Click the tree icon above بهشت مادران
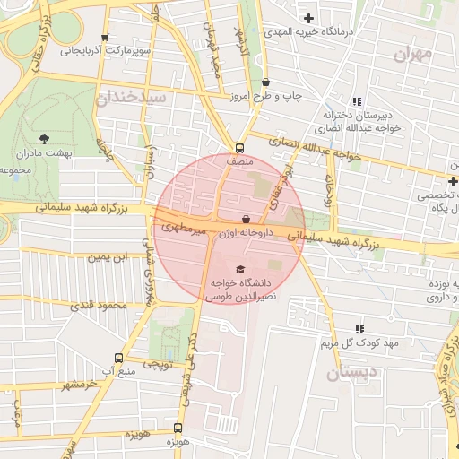(45, 138)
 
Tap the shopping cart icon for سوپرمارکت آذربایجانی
(106, 39)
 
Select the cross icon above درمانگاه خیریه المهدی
(308, 18)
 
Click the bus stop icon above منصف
(239, 149)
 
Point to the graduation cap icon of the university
(239, 269)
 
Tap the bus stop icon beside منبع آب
(118, 357)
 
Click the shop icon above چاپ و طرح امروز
(266, 82)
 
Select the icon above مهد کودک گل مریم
(360, 329)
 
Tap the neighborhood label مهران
(412, 54)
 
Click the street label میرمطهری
(184, 229)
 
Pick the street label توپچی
(158, 363)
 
